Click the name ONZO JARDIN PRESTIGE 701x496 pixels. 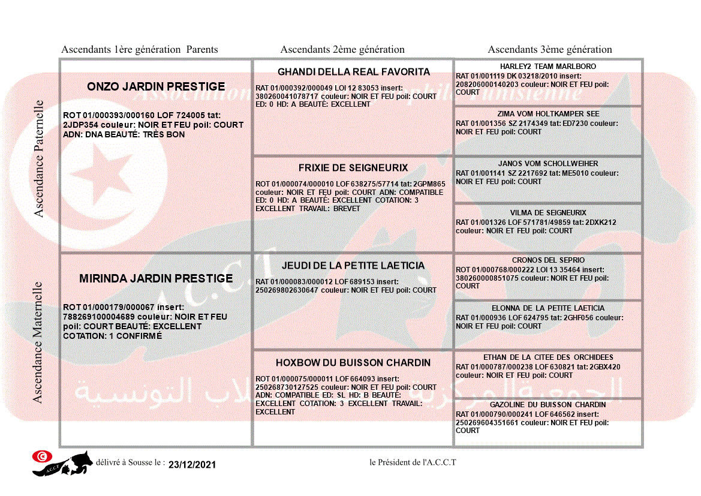(156, 87)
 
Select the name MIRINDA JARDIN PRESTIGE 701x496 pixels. (156, 279)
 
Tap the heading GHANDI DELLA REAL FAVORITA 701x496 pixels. (354, 72)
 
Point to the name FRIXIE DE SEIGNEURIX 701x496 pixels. (353, 168)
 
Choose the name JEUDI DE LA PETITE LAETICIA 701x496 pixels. (353, 266)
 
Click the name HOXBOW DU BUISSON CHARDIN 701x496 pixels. (353, 363)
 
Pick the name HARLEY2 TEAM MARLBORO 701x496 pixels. (548, 67)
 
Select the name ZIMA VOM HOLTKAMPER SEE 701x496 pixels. (548, 114)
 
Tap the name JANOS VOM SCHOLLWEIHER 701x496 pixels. (548, 164)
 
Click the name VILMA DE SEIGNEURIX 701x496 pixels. (548, 213)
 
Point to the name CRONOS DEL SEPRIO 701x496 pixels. (548, 260)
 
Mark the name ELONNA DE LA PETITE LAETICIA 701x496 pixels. (548, 308)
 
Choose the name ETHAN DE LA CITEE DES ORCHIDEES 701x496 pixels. (548, 357)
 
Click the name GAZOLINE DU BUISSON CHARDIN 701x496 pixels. (548, 405)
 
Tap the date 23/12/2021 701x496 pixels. (192, 465)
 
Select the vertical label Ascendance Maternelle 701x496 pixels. (38, 342)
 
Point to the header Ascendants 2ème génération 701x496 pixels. (342, 50)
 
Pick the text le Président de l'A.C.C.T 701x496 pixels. (413, 462)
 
